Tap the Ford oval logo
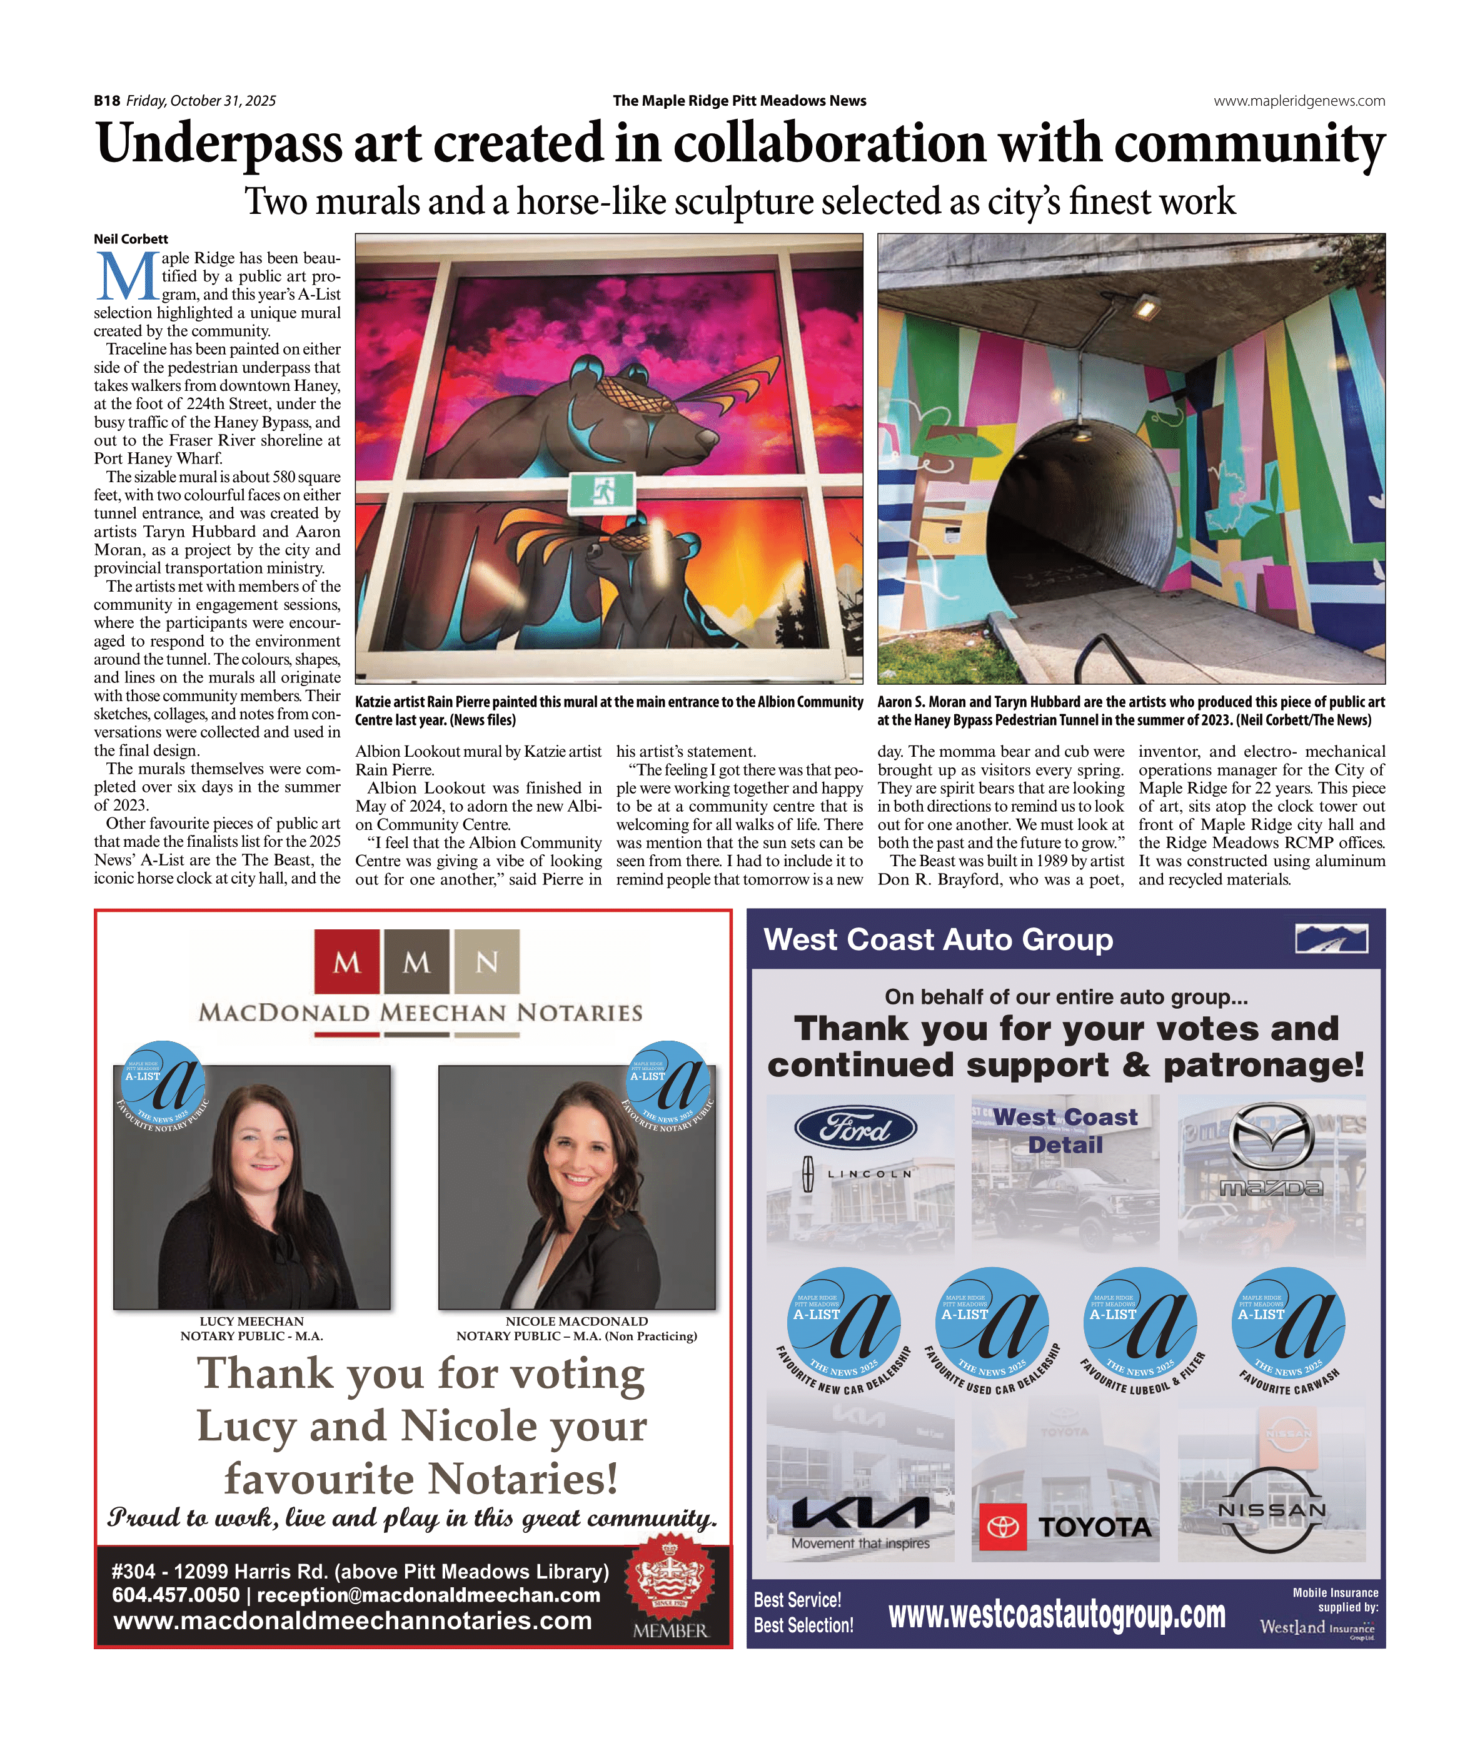(x=854, y=1128)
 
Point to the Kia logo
(x=860, y=1512)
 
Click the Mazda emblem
(x=1271, y=1134)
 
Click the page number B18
(x=106, y=101)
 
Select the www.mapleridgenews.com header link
(x=1299, y=101)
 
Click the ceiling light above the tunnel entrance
(x=1144, y=309)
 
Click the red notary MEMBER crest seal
(x=670, y=1582)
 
